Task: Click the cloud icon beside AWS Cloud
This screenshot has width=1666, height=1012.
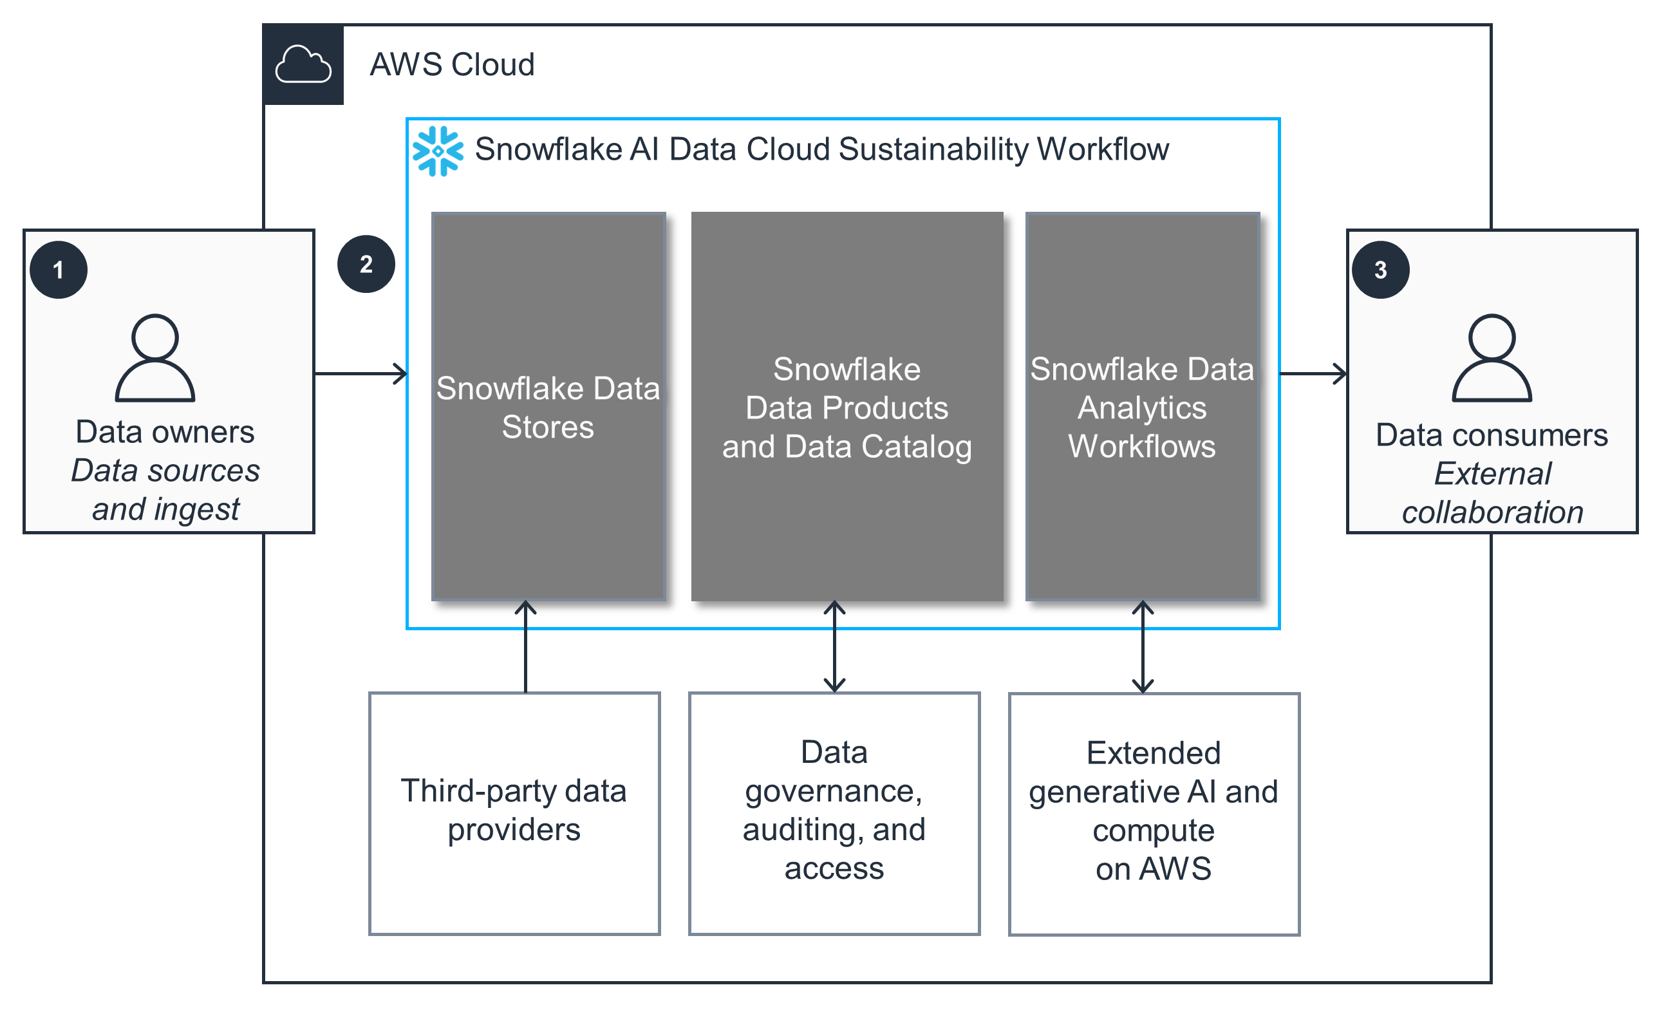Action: (303, 65)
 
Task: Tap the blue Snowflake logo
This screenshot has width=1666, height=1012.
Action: (438, 151)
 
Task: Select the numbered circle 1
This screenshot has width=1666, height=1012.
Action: (59, 270)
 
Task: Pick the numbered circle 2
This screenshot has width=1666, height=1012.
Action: (366, 265)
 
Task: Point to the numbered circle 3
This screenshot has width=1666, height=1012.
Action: (1381, 270)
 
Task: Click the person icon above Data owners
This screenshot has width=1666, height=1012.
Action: (155, 358)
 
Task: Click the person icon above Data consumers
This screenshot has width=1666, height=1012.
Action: (1492, 358)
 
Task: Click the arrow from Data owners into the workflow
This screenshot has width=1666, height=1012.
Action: (360, 373)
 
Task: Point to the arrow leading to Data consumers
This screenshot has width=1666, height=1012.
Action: (1313, 373)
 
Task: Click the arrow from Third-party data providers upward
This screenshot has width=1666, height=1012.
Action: (525, 646)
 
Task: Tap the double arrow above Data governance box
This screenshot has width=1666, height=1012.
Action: (834, 646)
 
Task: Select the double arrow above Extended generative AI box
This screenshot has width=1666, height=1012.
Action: (1143, 646)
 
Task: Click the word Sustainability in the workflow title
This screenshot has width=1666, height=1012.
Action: (935, 149)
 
